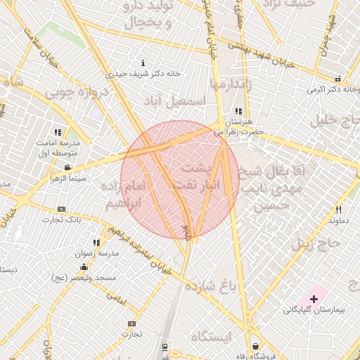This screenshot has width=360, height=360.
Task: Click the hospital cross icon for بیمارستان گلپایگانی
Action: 314,299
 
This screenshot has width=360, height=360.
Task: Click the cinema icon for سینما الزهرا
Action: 67,167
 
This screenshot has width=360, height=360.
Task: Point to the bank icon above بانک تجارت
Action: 61,210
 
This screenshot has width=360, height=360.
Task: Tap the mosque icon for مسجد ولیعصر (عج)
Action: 84,266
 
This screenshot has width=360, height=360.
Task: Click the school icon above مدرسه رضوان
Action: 96,243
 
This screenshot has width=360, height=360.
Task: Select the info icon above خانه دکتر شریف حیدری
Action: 143,63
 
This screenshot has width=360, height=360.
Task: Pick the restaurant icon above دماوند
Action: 338,210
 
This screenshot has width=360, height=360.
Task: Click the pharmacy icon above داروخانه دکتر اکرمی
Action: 338,79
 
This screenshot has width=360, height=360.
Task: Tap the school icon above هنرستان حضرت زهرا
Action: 238,111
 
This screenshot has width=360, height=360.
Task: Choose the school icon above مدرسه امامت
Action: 58,131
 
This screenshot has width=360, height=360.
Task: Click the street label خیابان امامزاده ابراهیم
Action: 138,250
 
